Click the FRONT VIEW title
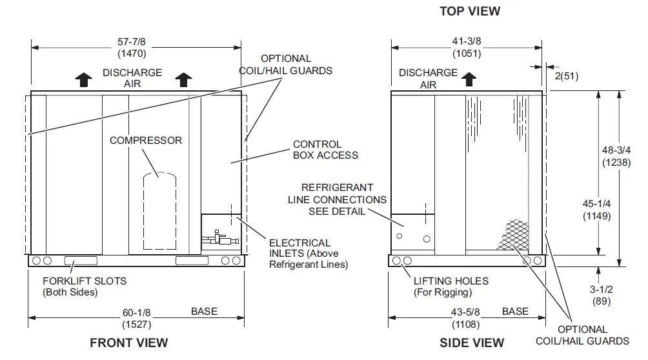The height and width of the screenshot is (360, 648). (128, 343)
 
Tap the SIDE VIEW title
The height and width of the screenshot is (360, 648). (472, 343)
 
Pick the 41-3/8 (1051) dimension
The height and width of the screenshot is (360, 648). (467, 47)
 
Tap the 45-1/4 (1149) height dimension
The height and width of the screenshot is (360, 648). (596, 210)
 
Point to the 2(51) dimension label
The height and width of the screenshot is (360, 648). (565, 75)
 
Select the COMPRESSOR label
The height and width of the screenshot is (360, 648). (146, 140)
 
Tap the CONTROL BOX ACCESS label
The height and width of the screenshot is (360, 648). (325, 149)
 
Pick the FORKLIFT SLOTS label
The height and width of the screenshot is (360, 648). (84, 286)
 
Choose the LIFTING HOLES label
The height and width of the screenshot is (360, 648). (451, 286)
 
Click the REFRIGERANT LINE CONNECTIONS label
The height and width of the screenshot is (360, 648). (337, 199)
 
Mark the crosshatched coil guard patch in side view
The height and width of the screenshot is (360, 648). (513, 234)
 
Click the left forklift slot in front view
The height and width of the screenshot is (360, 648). (80, 261)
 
